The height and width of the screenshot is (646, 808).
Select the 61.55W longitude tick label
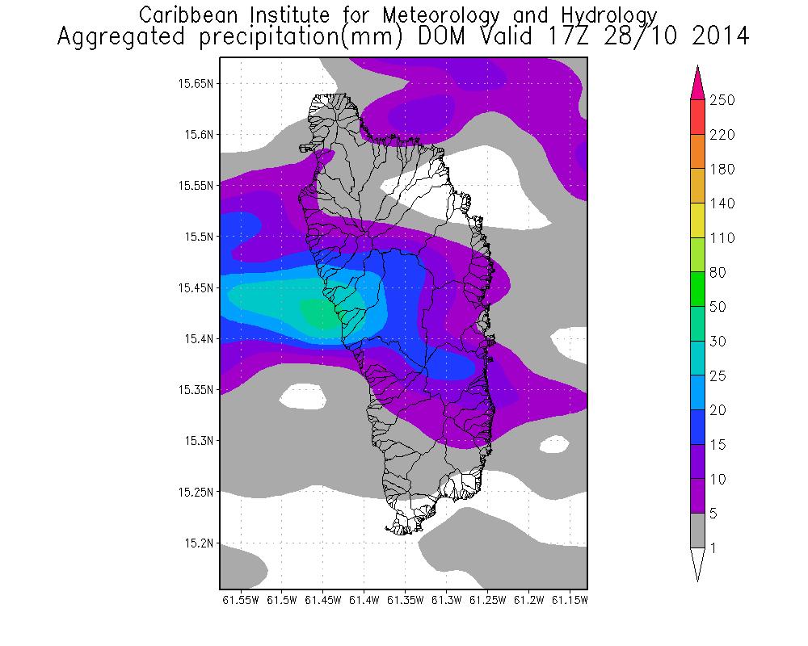(239, 601)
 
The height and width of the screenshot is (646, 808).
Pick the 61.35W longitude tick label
(405, 601)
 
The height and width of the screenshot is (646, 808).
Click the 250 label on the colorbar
(722, 100)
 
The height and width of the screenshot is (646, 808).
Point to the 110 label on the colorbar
(722, 238)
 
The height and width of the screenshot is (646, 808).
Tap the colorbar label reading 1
(713, 548)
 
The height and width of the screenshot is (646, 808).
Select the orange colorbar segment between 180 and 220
(698, 152)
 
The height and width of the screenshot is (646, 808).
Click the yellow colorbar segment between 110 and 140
(698, 220)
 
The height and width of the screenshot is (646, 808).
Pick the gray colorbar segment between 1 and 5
(698, 531)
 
